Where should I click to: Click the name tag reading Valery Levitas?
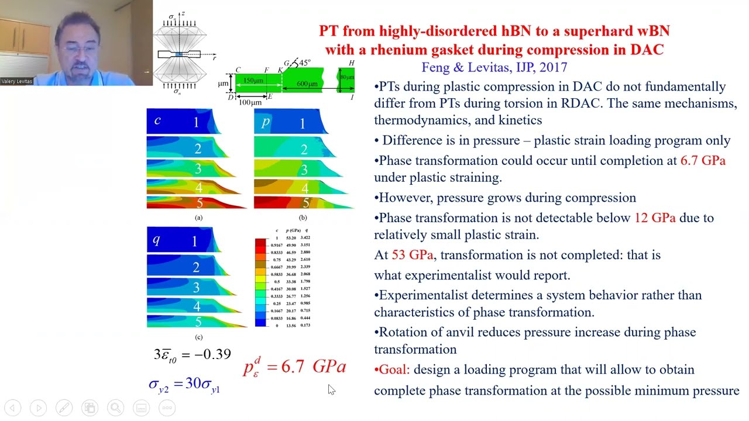[x=17, y=81]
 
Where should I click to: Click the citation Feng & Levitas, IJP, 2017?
[x=494, y=67]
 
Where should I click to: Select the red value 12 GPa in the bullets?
[x=655, y=218]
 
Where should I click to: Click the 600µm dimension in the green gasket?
[x=307, y=84]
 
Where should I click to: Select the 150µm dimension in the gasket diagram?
[x=253, y=80]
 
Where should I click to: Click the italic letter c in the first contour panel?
[x=157, y=120]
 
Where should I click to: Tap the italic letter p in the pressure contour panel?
[x=266, y=121]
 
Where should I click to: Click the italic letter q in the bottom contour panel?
[x=156, y=239]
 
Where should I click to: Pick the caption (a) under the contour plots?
[x=199, y=218]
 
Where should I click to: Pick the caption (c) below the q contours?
[x=199, y=337]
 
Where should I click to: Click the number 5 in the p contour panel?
[x=305, y=203]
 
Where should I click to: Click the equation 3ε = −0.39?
[x=192, y=354]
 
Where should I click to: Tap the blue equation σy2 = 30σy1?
[x=184, y=384]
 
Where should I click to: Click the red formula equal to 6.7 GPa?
[x=295, y=366]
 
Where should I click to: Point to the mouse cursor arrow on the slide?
[x=331, y=389]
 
